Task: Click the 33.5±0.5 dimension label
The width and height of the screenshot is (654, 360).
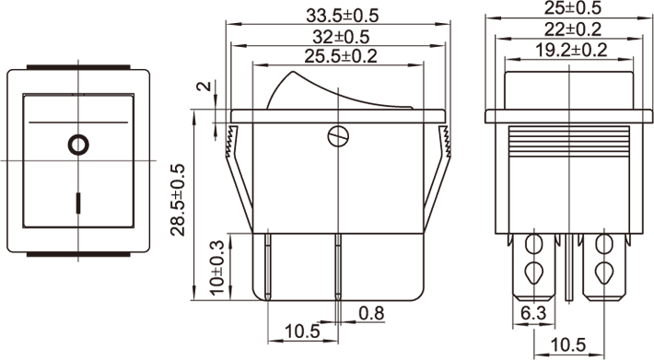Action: (x=342, y=16)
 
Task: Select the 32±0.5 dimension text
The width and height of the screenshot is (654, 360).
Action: (x=341, y=37)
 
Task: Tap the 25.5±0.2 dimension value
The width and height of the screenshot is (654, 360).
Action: (x=340, y=56)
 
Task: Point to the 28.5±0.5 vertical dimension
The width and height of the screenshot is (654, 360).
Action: (x=178, y=200)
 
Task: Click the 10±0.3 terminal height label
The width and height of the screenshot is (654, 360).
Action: (x=216, y=268)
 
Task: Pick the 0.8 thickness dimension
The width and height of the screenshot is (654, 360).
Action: (x=371, y=313)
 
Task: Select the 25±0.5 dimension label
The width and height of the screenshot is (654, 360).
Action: (x=573, y=8)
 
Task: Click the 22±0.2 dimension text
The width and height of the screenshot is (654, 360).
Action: (x=573, y=29)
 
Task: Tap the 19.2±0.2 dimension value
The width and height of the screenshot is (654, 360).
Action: (x=571, y=50)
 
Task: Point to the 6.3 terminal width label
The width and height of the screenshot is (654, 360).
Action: (x=533, y=313)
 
